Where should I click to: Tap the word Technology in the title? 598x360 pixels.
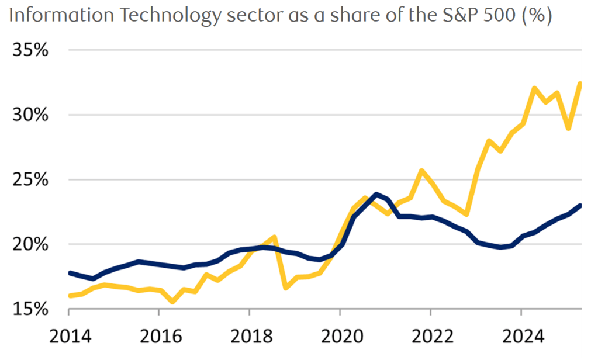164,16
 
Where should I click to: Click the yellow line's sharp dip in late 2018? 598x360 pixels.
285,288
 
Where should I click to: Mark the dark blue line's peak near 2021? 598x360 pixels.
376,194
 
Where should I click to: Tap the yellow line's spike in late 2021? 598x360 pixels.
421,171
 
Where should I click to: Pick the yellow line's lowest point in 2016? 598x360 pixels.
172,302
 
